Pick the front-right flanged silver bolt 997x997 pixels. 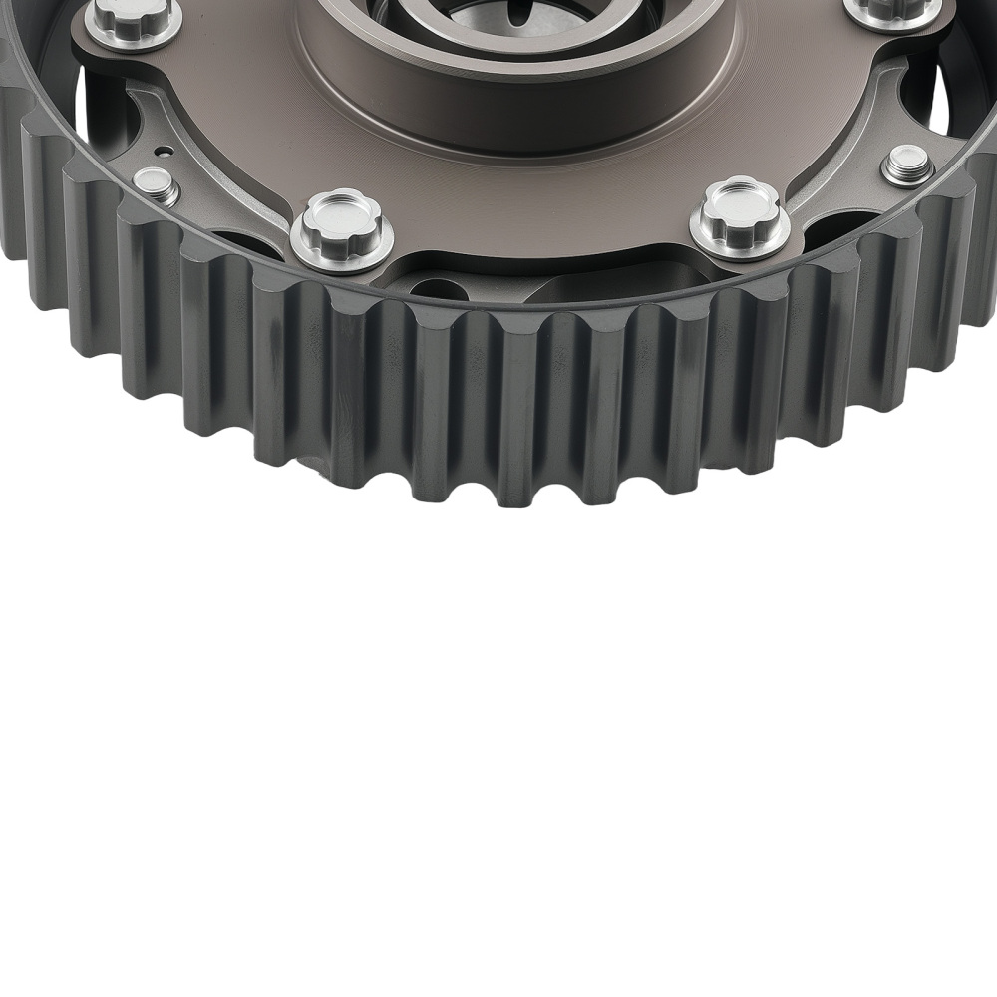(740, 216)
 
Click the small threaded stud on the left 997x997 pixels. (156, 184)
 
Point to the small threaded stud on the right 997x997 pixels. (907, 165)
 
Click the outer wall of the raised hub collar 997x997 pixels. (518, 110)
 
